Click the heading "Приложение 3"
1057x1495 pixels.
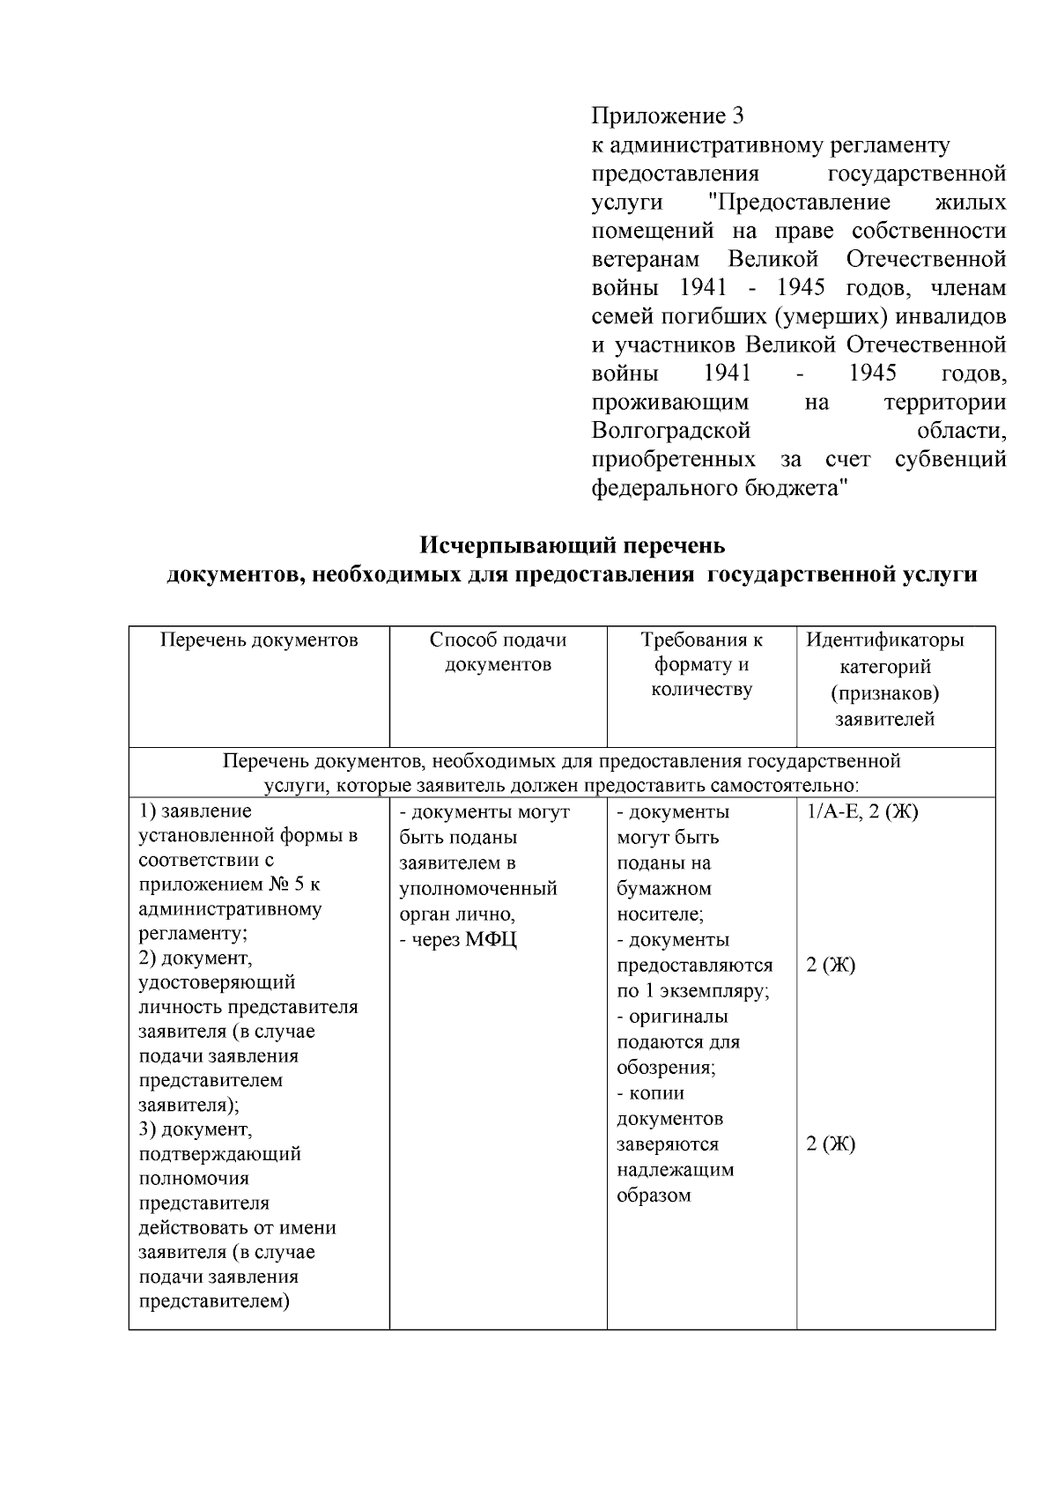668,116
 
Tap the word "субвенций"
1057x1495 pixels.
950,460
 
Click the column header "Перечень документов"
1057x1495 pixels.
259,640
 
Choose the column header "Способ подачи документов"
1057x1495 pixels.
498,652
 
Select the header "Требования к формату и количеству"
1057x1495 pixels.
701,664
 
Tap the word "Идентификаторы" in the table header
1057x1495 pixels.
884,640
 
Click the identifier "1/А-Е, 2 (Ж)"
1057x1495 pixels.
862,812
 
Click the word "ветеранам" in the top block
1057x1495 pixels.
645,260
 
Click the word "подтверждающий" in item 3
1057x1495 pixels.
220,1154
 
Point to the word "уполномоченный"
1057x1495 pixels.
478,889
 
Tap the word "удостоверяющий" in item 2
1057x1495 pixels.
217,982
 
